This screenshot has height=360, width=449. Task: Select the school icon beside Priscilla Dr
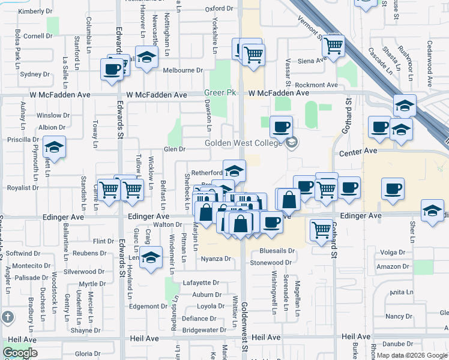54,148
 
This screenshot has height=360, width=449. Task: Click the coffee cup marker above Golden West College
281,127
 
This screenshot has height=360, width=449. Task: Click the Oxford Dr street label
218,8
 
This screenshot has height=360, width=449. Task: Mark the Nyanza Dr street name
215,259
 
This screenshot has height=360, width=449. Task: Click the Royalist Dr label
19,187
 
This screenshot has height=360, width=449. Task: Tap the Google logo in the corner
20,353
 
